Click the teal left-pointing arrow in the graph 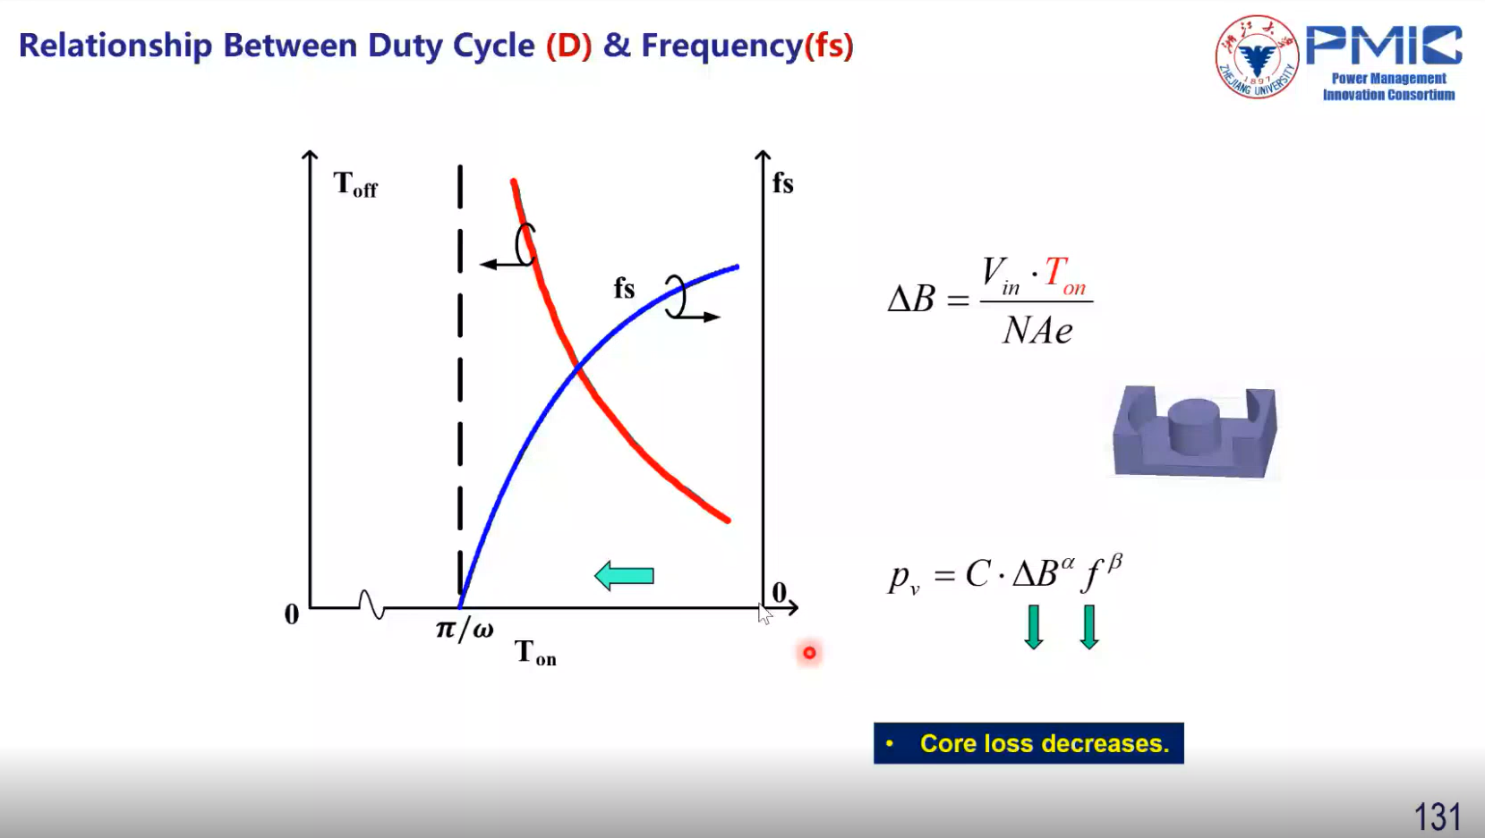pyautogui.click(x=624, y=576)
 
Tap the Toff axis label pyautogui.click(x=355, y=184)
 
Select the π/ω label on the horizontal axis pyautogui.click(x=465, y=629)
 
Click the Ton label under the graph pyautogui.click(x=535, y=653)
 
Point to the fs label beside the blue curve pyautogui.click(x=625, y=288)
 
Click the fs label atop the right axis pyautogui.click(x=783, y=182)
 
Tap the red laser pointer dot pyautogui.click(x=809, y=653)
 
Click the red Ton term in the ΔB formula pyautogui.click(x=1065, y=275)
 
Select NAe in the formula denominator pyautogui.click(x=1037, y=330)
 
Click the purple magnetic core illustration pyautogui.click(x=1195, y=431)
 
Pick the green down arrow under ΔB pyautogui.click(x=1034, y=627)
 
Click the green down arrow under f pyautogui.click(x=1089, y=627)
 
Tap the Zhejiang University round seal pyautogui.click(x=1256, y=57)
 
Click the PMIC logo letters pyautogui.click(x=1384, y=45)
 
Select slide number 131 pyautogui.click(x=1438, y=817)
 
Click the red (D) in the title pyautogui.click(x=568, y=46)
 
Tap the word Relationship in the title pyautogui.click(x=115, y=47)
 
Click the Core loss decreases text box pyautogui.click(x=1028, y=743)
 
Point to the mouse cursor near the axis pyautogui.click(x=765, y=614)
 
